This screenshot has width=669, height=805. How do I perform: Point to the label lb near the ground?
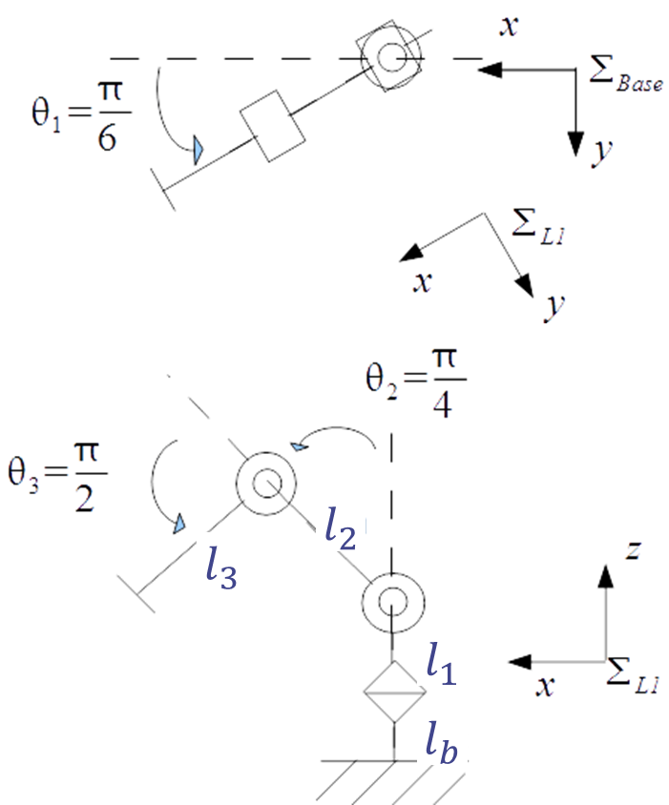pyautogui.click(x=444, y=736)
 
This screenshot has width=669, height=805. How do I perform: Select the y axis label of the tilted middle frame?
pyautogui.click(x=554, y=306)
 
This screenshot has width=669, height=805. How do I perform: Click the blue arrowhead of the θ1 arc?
pyautogui.click(x=198, y=150)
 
